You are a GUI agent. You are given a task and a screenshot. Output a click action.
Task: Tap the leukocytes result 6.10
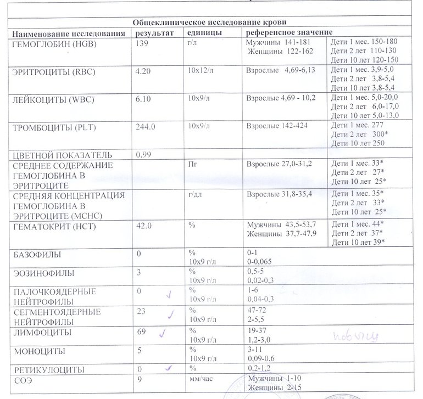point(143,99)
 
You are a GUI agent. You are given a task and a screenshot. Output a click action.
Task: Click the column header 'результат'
point(154,33)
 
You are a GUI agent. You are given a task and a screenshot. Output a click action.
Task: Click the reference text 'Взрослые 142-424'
point(277,126)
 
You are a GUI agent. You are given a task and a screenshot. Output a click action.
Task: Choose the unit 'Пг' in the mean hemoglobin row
point(192,164)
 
